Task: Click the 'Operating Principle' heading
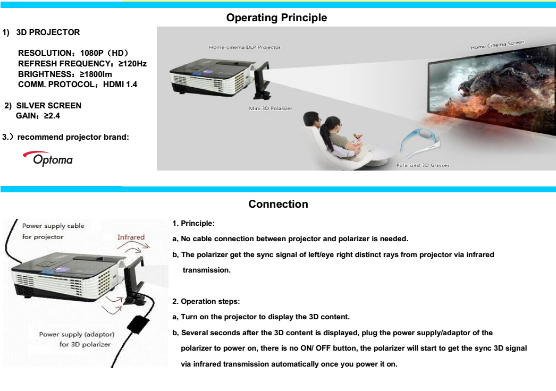[x=276, y=18]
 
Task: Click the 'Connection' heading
[x=279, y=204]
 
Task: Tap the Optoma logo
[x=48, y=159]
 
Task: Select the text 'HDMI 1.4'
[x=120, y=84]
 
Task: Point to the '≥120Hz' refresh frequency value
[x=132, y=64]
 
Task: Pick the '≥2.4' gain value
[x=52, y=116]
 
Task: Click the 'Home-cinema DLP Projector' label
[x=245, y=47]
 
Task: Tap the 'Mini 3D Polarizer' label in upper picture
[x=271, y=108]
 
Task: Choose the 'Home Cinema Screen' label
[x=497, y=45]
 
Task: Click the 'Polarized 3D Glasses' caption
[x=423, y=165]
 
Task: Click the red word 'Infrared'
[x=131, y=237]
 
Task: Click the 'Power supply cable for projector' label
[x=53, y=231]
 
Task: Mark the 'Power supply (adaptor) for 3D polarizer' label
[x=77, y=339]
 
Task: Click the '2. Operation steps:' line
[x=206, y=301]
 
